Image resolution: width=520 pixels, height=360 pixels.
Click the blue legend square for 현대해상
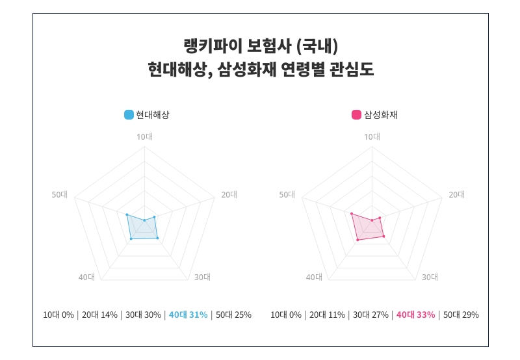click(x=129, y=115)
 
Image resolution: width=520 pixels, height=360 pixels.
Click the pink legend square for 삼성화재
click(x=356, y=115)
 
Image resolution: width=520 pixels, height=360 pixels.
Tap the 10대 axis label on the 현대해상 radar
click(x=144, y=136)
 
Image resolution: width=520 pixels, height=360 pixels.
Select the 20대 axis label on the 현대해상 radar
click(x=229, y=194)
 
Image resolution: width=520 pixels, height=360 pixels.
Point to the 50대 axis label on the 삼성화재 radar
click(x=287, y=194)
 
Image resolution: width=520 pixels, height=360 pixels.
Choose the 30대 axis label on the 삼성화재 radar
click(x=430, y=277)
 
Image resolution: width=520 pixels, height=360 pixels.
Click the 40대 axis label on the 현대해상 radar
click(x=86, y=277)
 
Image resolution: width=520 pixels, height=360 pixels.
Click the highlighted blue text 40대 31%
click(x=188, y=315)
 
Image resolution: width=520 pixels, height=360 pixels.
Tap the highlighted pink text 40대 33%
click(x=415, y=315)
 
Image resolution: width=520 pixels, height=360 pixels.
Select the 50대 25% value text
click(x=233, y=315)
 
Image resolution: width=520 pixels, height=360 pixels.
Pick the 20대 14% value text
click(x=99, y=315)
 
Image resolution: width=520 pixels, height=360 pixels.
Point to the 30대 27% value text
click(x=370, y=315)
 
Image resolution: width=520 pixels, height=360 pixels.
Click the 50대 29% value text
click(x=461, y=315)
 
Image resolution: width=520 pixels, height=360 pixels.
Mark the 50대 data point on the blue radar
click(x=127, y=214)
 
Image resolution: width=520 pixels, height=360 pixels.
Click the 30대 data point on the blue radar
click(x=157, y=238)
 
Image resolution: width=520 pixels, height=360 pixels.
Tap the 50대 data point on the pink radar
click(x=351, y=214)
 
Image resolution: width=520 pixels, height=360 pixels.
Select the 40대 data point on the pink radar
click(x=357, y=240)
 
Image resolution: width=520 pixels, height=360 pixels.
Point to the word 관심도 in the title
click(x=354, y=70)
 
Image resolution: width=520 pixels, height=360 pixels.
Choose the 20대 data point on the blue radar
click(x=154, y=217)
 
